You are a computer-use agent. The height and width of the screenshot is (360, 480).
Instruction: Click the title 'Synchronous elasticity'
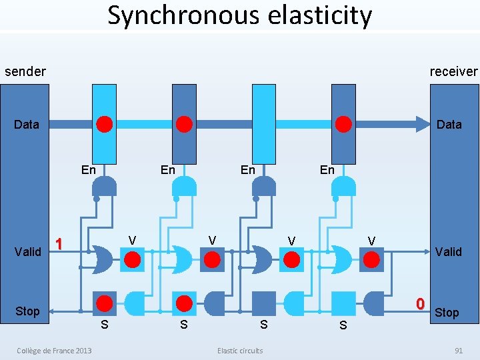[240, 15]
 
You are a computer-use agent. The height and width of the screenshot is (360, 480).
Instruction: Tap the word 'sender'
[25, 71]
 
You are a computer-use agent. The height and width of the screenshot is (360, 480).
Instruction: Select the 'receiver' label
[453, 71]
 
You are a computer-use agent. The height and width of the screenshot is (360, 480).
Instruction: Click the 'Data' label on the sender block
[27, 124]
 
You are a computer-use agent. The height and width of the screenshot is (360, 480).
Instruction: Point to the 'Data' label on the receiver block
[449, 124]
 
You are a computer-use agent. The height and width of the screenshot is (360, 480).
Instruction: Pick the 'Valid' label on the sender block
[28, 251]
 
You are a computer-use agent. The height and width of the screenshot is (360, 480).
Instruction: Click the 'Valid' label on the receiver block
[448, 251]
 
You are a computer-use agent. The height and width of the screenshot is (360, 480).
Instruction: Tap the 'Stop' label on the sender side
[27, 311]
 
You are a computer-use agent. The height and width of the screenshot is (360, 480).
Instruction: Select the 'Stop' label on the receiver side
[447, 312]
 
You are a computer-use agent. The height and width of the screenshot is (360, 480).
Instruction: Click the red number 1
[59, 244]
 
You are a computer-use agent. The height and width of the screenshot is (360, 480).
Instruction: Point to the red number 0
[420, 304]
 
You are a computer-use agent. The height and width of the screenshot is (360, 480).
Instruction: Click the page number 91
[458, 351]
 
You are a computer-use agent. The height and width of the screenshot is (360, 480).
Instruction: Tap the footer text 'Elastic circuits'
[240, 351]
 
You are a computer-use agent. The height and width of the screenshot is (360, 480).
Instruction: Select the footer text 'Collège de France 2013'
[55, 351]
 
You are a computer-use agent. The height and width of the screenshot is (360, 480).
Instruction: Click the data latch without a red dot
[263, 124]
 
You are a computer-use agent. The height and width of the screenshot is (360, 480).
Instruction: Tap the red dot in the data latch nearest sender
[105, 124]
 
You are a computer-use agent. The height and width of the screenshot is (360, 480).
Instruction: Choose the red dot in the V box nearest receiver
[371, 259]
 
